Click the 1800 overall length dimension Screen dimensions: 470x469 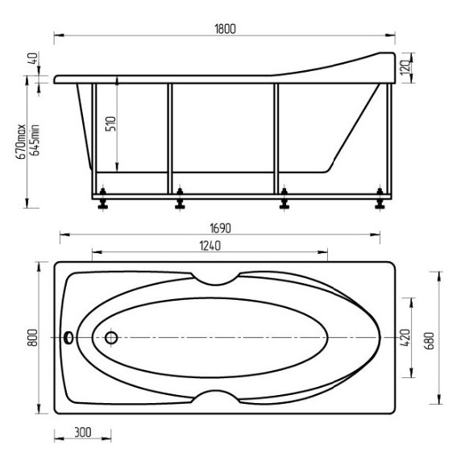pos(225,29)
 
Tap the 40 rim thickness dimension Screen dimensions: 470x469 pos(32,59)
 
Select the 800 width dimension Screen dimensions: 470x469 pos(32,339)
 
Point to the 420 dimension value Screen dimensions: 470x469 pos(405,337)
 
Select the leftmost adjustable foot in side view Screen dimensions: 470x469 pos(104,198)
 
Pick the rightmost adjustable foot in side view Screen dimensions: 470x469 pos(380,198)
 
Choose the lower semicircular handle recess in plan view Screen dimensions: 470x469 pos(214,397)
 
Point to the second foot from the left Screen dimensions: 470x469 pos(178,198)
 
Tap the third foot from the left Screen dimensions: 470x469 pos(284,198)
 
